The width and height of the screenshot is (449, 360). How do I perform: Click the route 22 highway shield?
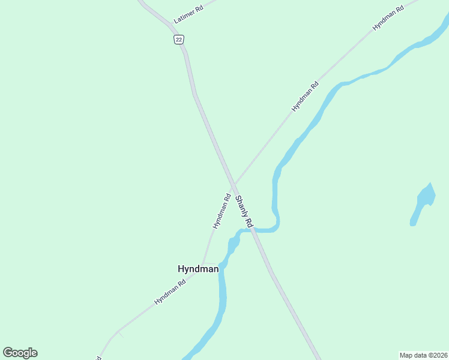click(179, 39)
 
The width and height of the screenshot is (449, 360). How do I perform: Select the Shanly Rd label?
click(245, 211)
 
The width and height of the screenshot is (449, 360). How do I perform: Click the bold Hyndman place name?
click(198, 269)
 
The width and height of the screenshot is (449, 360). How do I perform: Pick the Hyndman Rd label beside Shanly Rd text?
click(221, 211)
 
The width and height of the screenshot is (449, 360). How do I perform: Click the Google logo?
click(20, 353)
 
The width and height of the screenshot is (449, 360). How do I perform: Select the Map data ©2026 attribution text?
click(423, 355)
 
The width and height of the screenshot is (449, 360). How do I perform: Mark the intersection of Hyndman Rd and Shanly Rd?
click(234, 182)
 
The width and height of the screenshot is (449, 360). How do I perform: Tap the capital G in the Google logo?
click(8, 353)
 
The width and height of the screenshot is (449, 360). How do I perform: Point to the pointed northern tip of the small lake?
click(429, 184)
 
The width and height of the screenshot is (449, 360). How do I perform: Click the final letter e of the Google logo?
click(34, 353)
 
